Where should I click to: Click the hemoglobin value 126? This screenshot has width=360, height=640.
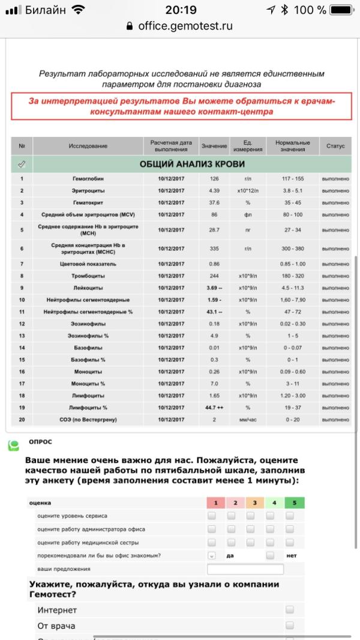point(214,178)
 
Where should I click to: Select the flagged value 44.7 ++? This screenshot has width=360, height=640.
point(214,408)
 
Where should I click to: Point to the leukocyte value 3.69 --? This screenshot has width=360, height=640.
point(214,288)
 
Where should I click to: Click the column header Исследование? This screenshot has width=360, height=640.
point(88,146)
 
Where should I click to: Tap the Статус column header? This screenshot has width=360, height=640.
point(335,146)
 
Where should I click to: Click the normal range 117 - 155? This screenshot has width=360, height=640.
point(293,178)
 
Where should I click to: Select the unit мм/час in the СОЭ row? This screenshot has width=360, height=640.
point(247,420)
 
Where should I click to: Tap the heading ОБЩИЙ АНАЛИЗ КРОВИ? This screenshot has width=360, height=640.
point(192,164)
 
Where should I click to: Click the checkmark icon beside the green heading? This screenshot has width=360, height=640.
point(22,164)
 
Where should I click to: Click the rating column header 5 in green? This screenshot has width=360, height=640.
point(295,503)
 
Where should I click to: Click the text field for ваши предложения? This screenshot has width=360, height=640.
point(245,569)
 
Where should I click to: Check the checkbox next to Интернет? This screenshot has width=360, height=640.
point(290,609)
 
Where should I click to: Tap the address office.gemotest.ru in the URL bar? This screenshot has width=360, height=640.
point(185,26)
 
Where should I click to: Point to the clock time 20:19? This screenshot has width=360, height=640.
point(181,10)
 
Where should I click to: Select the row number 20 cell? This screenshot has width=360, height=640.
point(22,420)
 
